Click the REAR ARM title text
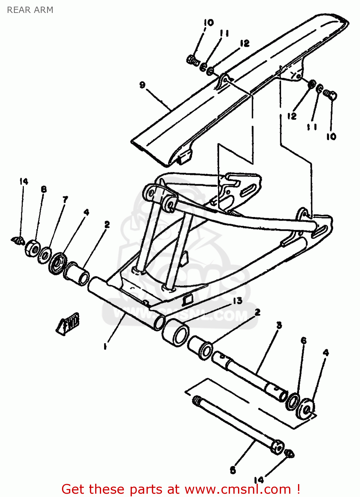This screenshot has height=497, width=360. (x=30, y=10)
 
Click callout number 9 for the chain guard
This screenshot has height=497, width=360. (x=142, y=85)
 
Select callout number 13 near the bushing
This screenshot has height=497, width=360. (x=237, y=301)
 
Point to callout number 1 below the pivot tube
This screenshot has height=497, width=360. (x=105, y=347)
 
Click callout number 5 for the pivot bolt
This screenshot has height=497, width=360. (x=233, y=469)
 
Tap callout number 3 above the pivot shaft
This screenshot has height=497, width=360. (x=279, y=325)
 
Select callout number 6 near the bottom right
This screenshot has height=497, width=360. (x=304, y=340)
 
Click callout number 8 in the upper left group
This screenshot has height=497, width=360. (x=44, y=189)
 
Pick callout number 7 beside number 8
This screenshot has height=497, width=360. (x=65, y=199)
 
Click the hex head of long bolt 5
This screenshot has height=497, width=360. (x=277, y=447)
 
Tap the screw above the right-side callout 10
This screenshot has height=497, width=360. (x=330, y=94)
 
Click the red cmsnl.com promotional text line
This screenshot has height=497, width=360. (x=181, y=489)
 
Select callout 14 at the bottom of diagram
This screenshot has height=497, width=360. (x=259, y=480)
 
